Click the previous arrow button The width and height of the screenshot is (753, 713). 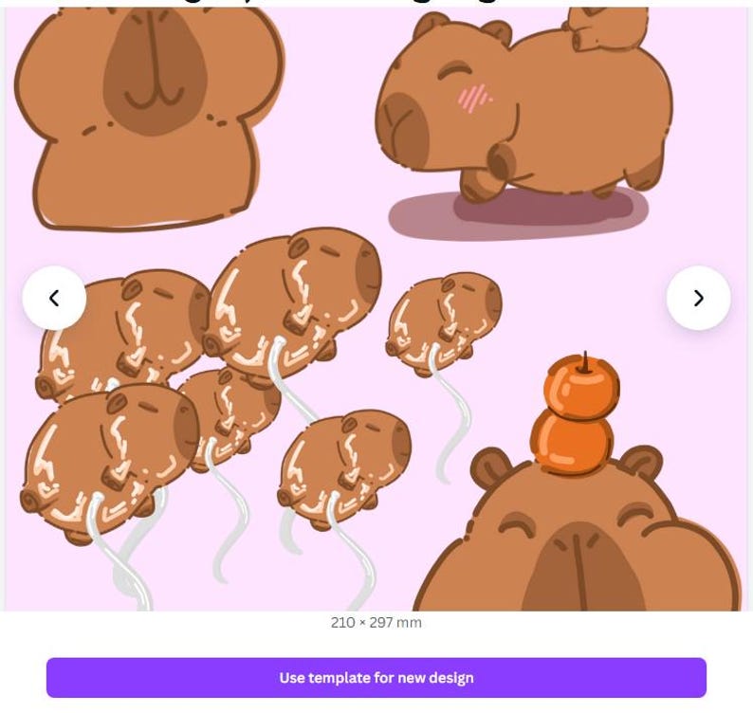(x=54, y=298)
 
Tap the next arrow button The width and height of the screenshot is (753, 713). (x=698, y=298)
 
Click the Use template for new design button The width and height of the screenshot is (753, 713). (x=376, y=678)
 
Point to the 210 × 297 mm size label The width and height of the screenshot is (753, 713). (x=376, y=623)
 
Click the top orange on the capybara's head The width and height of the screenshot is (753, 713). (x=581, y=387)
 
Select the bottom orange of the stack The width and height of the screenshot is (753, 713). (x=572, y=442)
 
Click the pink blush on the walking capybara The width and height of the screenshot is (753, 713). (x=474, y=97)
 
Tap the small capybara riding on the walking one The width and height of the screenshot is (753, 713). (x=607, y=28)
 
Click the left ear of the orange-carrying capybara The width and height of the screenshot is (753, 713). (x=489, y=467)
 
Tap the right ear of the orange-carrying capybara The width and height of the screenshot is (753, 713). (x=641, y=462)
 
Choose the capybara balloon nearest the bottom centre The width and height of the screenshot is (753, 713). (x=343, y=466)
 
